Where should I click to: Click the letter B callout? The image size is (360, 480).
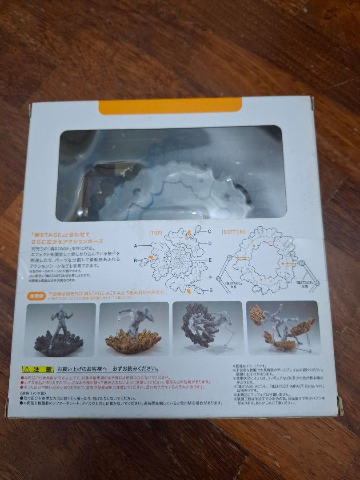(x=136, y=260)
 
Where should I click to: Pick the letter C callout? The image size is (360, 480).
(x=210, y=232)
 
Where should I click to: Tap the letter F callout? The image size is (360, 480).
(x=209, y=278)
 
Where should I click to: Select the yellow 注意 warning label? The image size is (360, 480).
(x=38, y=369)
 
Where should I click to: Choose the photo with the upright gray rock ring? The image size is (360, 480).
(x=208, y=328)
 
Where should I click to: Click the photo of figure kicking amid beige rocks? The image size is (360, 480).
(x=282, y=328)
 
